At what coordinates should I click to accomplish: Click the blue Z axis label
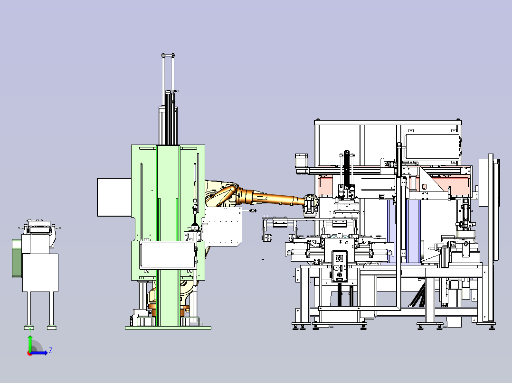click(51, 350)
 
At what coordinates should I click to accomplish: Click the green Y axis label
click(30, 329)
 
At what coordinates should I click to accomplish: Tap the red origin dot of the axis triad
click(30, 354)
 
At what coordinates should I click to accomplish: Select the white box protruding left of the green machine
click(114, 197)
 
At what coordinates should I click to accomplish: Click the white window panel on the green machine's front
click(168, 255)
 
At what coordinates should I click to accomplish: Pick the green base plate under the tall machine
click(168, 328)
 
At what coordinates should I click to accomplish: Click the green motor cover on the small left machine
click(17, 258)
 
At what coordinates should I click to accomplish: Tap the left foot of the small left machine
click(29, 327)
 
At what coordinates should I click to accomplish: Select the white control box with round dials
click(339, 266)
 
